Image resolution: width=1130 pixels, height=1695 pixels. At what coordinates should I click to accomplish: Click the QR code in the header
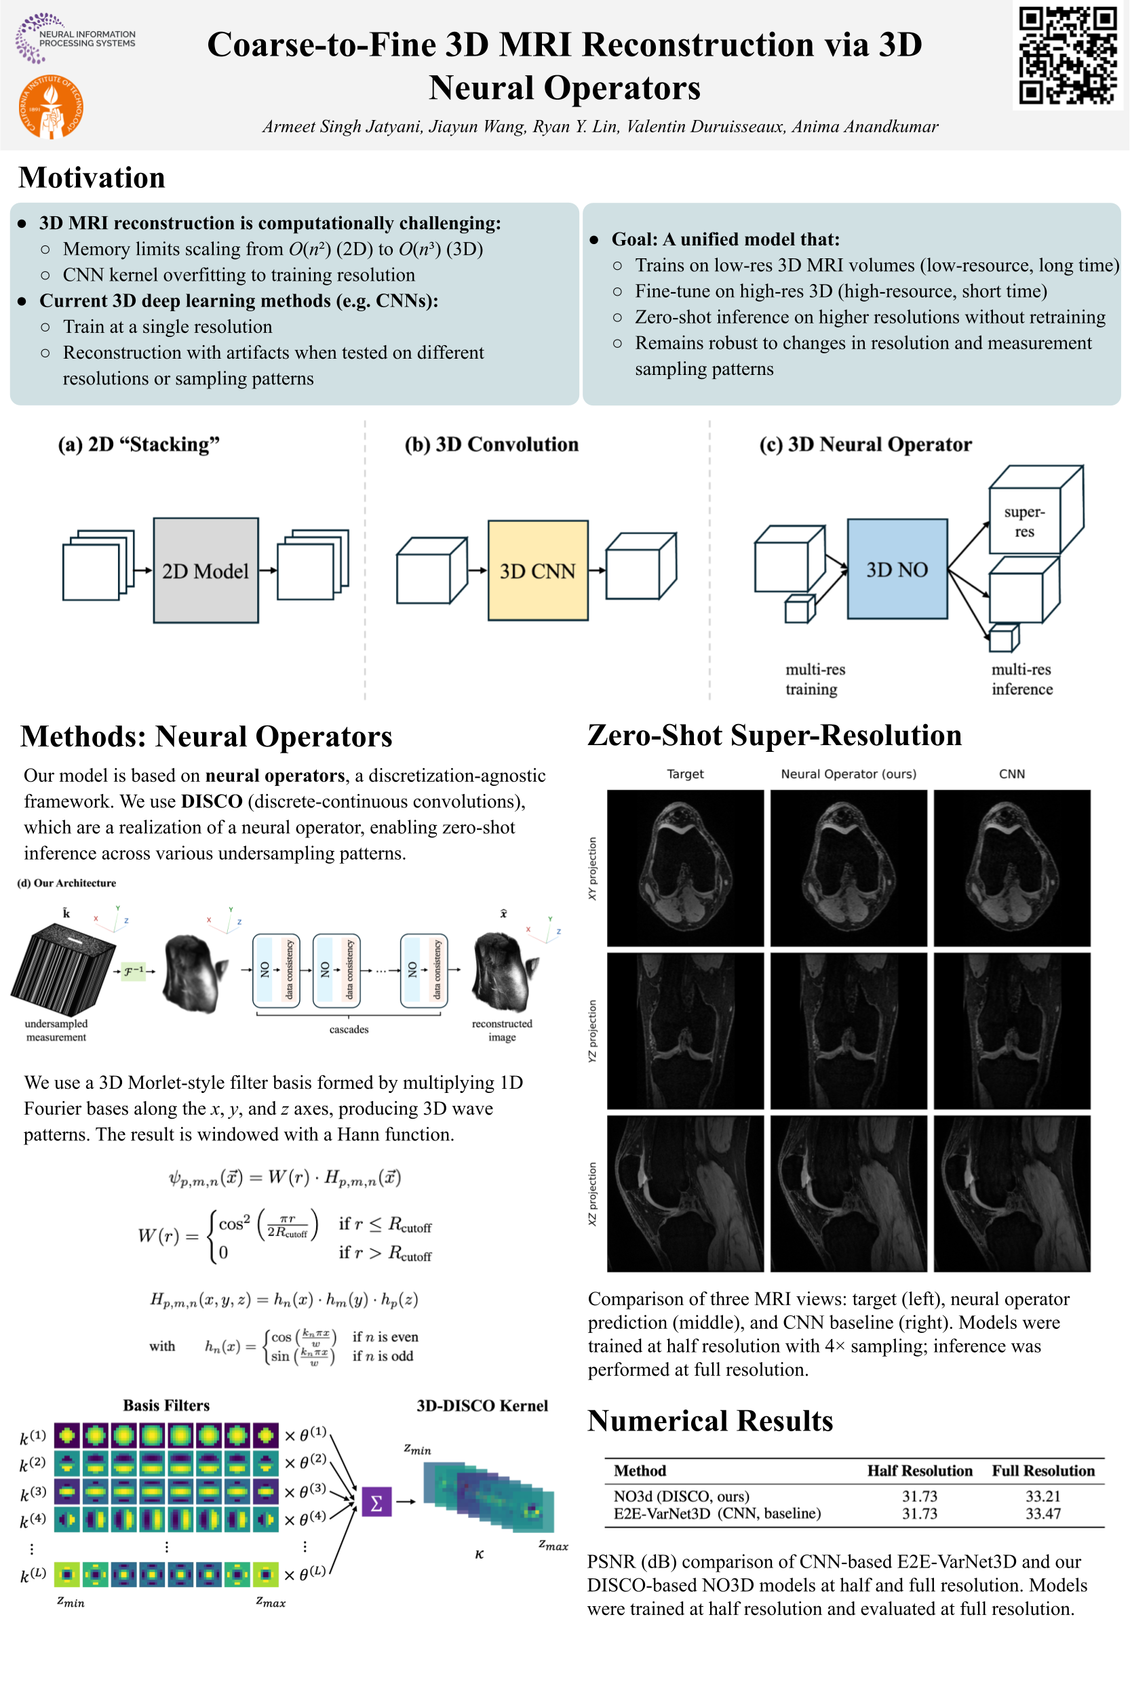(1068, 56)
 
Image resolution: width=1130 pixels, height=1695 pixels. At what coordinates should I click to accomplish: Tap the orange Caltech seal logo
(50, 107)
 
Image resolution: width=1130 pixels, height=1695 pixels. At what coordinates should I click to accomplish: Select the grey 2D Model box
(206, 570)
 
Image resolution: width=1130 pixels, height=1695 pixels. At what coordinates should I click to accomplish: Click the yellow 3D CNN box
(538, 570)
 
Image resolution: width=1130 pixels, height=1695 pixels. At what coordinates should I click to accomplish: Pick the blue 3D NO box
(897, 569)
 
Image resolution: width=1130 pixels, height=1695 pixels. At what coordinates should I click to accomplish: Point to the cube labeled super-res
(1024, 520)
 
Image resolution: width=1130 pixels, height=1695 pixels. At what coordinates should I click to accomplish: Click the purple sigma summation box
(376, 1502)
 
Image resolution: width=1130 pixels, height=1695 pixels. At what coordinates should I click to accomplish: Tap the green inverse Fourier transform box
(134, 971)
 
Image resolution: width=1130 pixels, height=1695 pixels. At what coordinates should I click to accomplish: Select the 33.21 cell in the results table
(1042, 1496)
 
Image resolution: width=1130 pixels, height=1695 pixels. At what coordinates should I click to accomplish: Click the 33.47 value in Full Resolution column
(1042, 1513)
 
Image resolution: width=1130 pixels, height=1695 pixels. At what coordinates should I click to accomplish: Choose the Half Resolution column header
(919, 1471)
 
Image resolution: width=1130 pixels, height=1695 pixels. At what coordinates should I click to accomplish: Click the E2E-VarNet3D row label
(716, 1513)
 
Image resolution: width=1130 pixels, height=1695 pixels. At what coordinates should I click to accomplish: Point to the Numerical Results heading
(710, 1420)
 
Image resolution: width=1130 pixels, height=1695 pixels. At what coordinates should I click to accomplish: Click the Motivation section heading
(92, 178)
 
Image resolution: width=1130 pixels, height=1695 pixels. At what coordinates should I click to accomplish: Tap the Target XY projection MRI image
(684, 867)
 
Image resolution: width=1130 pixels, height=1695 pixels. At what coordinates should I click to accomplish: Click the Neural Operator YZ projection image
(849, 1030)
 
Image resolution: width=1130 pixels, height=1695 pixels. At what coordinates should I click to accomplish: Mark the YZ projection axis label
(592, 1030)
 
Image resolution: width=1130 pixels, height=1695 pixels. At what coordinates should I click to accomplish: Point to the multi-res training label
(815, 679)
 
